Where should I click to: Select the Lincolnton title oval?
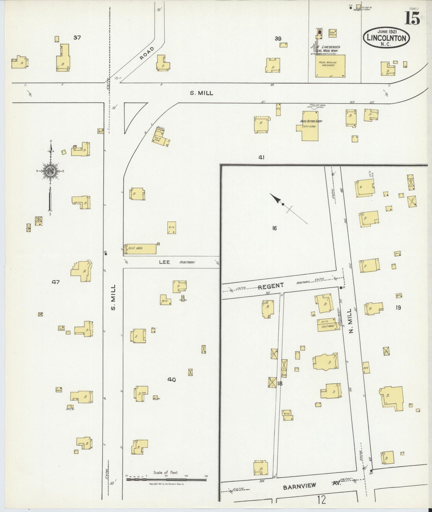pos(386,37)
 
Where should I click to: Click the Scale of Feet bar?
pos(166,479)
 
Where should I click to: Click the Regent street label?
pos(271,286)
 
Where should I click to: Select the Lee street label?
pos(164,262)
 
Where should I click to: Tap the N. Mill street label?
pos(351,323)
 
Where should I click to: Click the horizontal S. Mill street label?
pos(202,93)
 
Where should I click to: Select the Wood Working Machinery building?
pos(330,66)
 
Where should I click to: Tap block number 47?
pos(56,282)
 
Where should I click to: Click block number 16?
pos(274,229)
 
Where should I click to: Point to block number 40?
pos(171,380)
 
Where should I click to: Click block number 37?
pos(77,38)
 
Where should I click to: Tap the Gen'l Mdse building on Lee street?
pos(140,249)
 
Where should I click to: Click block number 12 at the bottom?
pos(322,499)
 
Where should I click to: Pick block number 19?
pos(398,307)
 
